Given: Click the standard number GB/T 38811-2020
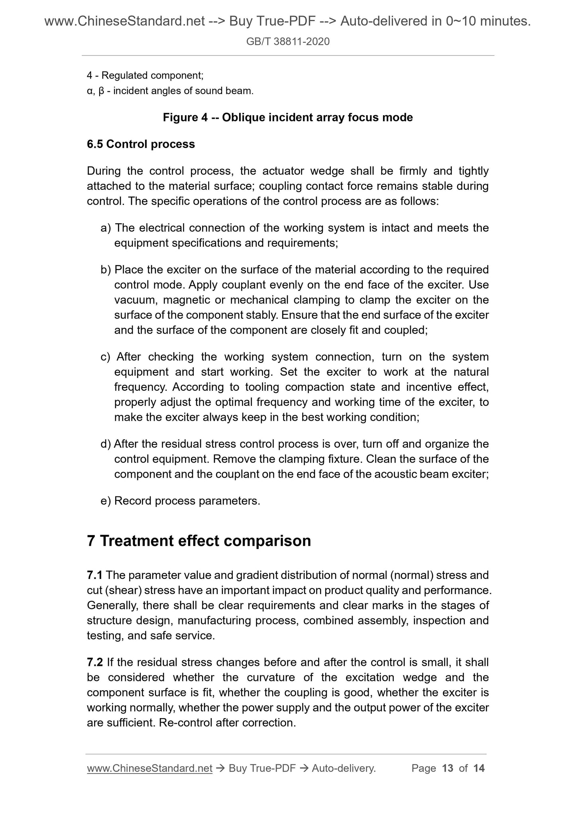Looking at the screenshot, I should pos(288,41).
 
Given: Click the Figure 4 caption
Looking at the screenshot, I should pos(288,118).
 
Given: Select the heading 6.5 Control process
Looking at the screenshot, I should pos(141,144).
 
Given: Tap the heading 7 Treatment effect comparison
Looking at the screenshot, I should pos(199,541).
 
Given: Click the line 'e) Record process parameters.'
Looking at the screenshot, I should pos(180,501).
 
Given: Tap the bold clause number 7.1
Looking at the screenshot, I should pos(95,575).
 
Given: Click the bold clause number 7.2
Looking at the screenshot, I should pos(95,662).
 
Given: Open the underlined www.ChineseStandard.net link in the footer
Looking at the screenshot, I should pos(149,768).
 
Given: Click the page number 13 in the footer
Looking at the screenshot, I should pos(448,768).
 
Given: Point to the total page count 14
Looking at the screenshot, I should pos(479,768).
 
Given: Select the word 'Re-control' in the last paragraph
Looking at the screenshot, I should pos(185,722).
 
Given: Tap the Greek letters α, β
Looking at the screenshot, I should pos(95,91).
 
